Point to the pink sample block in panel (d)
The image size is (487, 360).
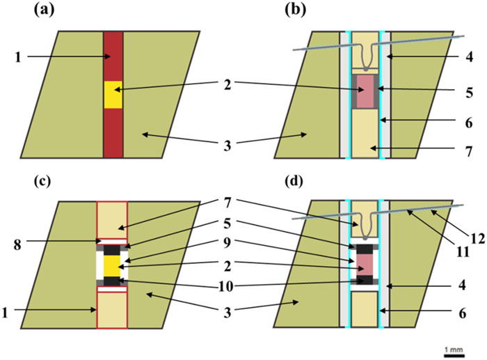point(365,262)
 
